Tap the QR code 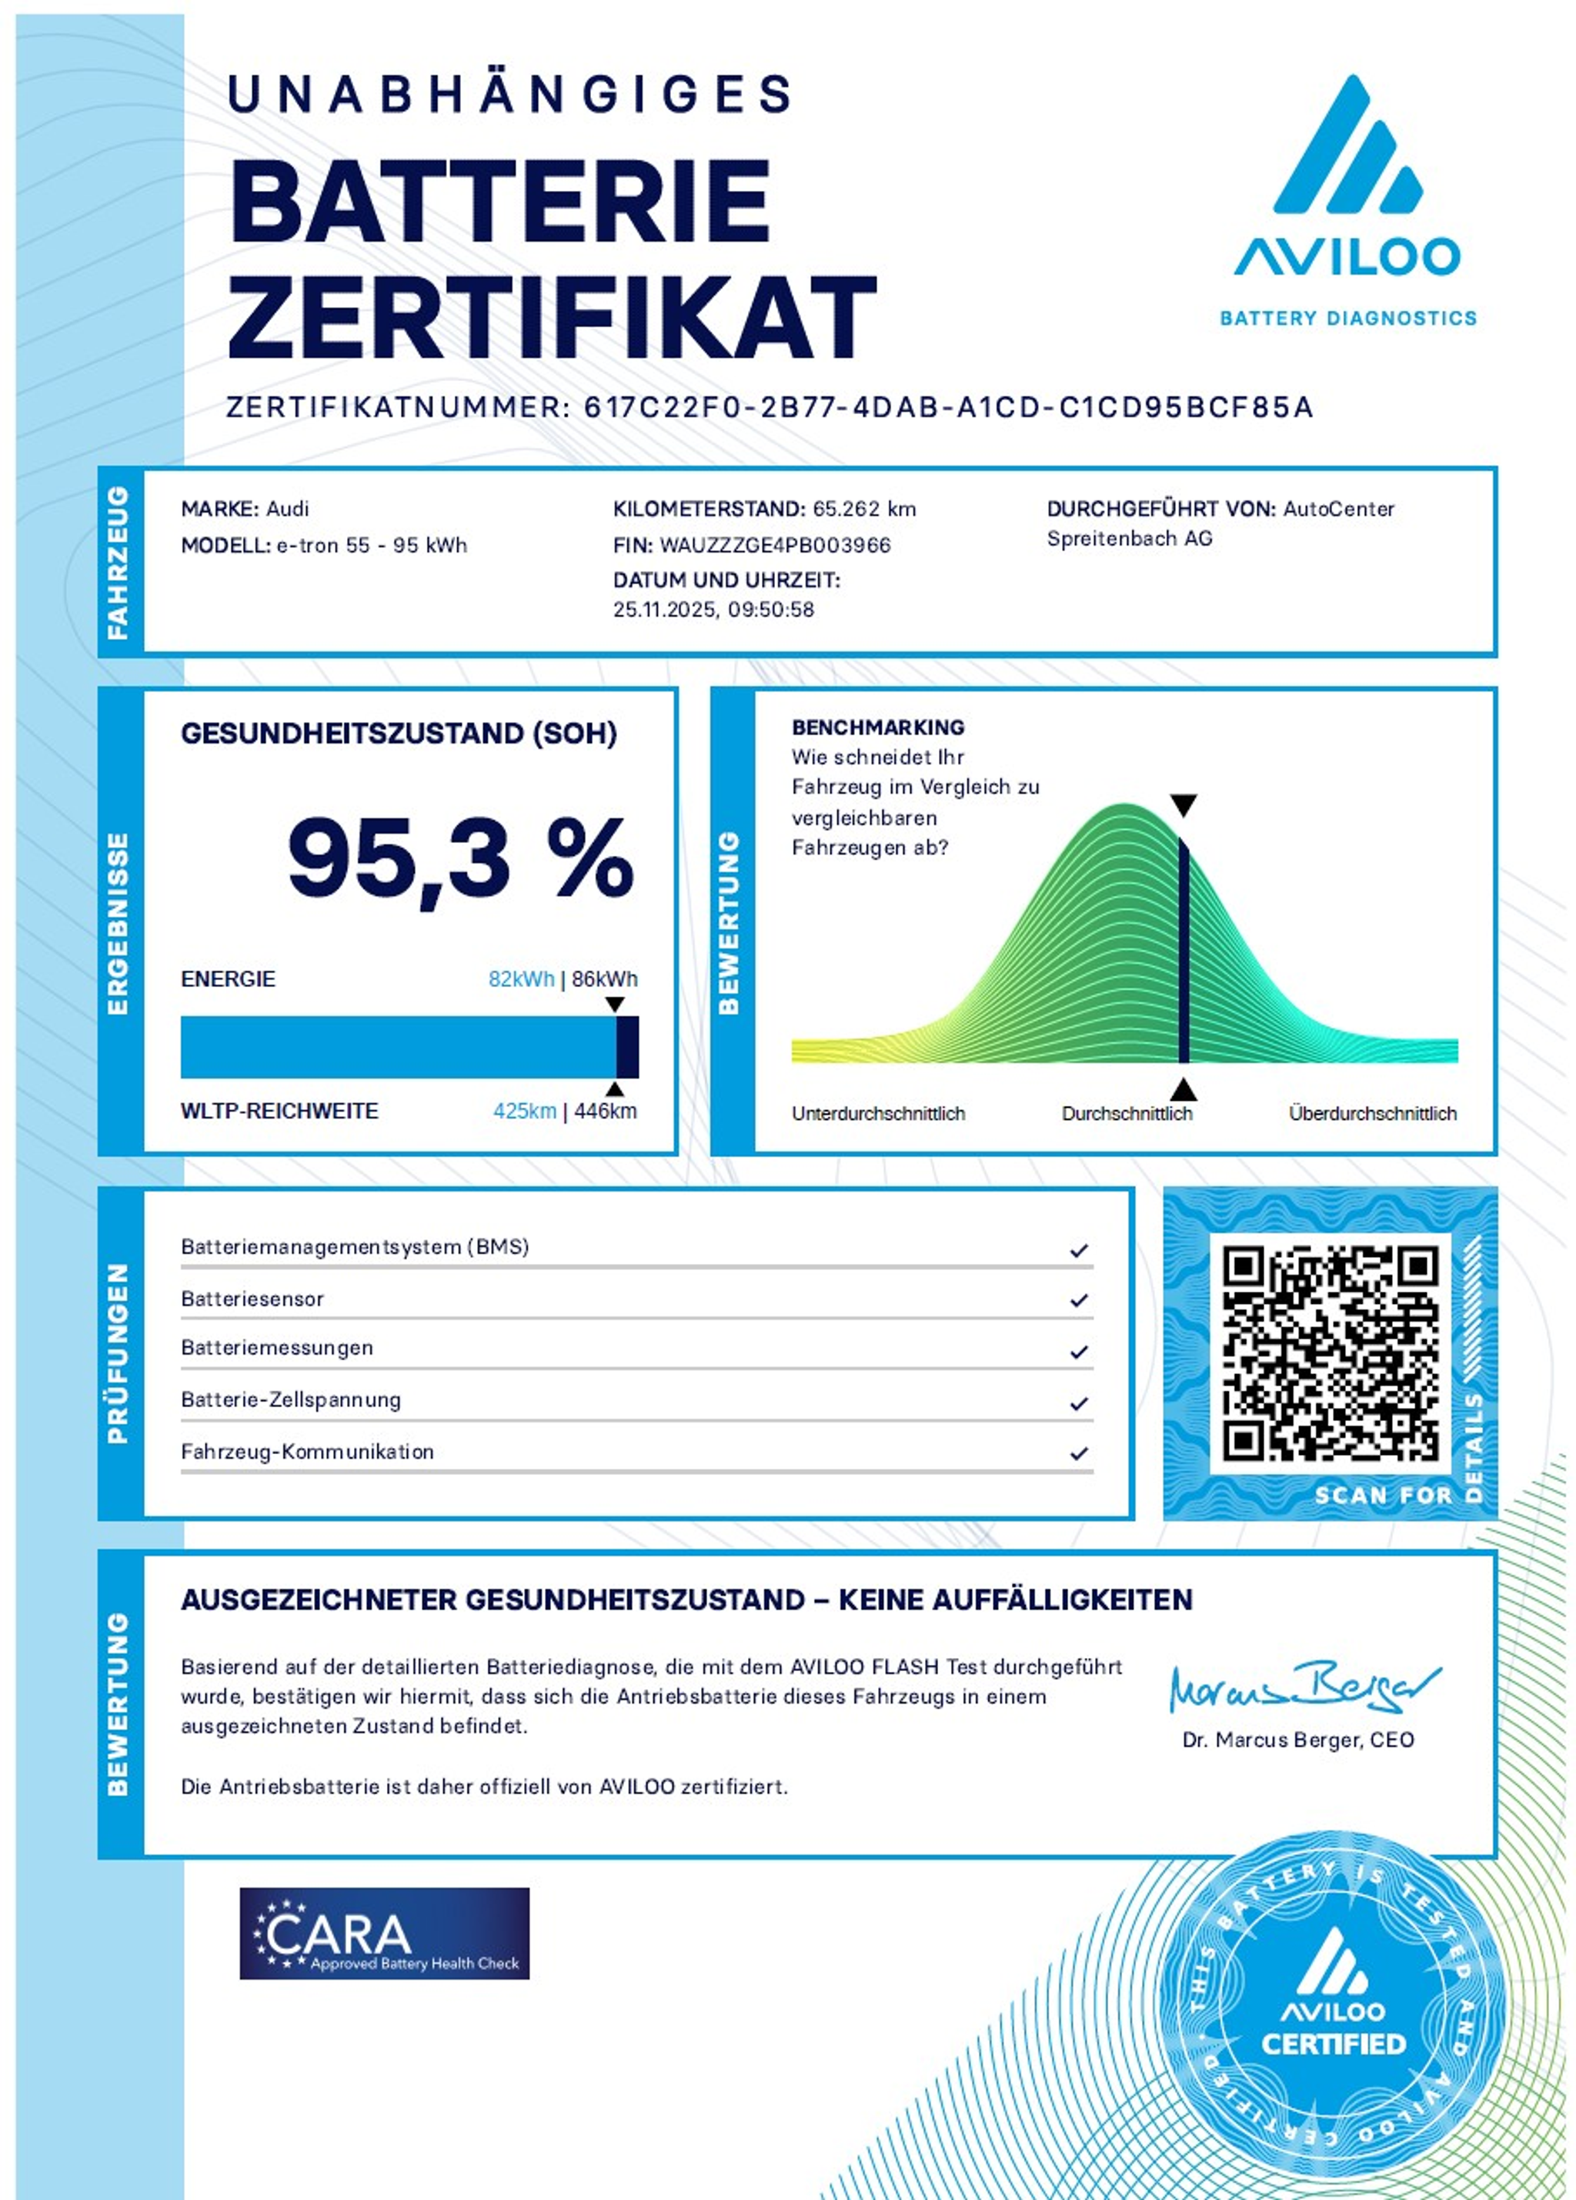point(1329,1352)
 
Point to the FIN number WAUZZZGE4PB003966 point(775,545)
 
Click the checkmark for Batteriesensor point(1078,1301)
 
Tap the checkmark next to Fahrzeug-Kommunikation point(1078,1453)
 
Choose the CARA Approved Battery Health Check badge point(384,1933)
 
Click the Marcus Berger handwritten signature point(1304,1689)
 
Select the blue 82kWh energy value point(521,978)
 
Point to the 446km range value point(605,1111)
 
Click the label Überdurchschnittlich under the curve point(1371,1114)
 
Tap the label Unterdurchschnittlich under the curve point(878,1114)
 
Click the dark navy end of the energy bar point(627,1047)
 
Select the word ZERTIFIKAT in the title point(552,316)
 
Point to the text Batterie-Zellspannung point(290,1399)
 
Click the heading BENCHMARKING point(878,727)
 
